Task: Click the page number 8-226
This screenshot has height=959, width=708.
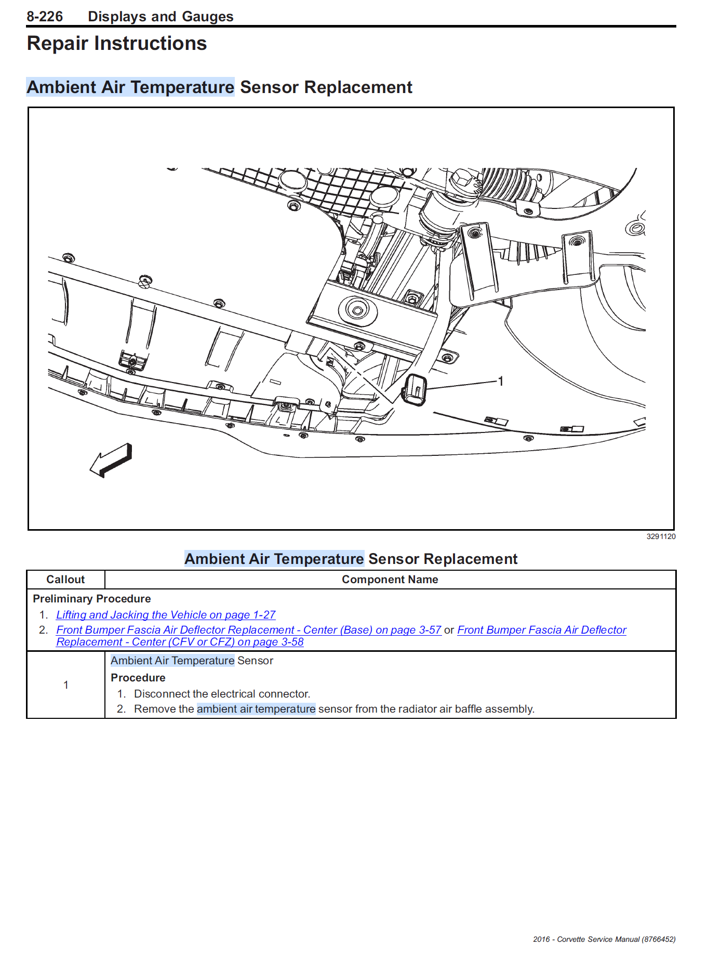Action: coord(45,17)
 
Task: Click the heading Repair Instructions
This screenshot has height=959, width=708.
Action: coord(117,44)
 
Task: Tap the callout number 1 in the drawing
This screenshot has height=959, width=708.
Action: coord(500,382)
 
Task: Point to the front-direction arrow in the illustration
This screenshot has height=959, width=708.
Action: coord(111,460)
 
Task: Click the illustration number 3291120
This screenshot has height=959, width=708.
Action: coord(660,537)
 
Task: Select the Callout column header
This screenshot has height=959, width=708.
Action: coord(65,580)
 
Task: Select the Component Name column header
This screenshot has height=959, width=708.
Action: coord(390,580)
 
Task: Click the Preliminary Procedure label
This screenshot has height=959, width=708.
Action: coord(92,599)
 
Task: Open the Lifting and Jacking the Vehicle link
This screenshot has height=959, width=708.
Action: coord(166,615)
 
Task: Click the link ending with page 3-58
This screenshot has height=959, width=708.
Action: coord(180,642)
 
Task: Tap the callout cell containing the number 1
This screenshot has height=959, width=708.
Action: coord(66,685)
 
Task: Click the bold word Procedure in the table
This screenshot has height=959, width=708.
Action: coord(138,678)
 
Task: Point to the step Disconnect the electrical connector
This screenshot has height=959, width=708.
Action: coord(222,694)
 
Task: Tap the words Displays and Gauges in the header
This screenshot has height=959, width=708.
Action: coord(161,17)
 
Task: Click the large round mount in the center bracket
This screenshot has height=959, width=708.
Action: coord(357,311)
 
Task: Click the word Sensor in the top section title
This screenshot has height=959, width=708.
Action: coord(269,87)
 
